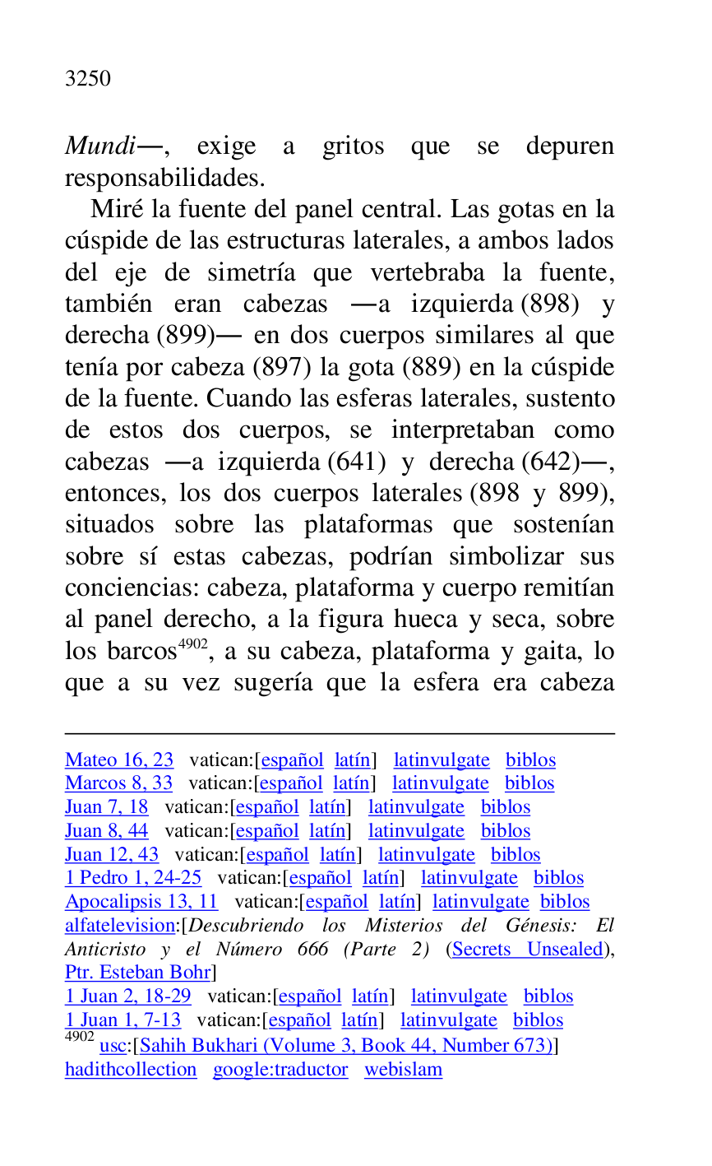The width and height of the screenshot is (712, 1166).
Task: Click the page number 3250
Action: point(87,79)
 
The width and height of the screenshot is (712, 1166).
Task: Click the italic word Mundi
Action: point(99,146)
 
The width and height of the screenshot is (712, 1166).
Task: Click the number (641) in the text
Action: point(357,462)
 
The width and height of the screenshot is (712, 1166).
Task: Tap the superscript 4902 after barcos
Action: point(192,644)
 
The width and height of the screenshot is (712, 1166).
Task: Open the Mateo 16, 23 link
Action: point(119,760)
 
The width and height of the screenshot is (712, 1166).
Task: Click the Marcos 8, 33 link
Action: point(118,783)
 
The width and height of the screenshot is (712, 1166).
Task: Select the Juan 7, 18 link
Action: point(107,807)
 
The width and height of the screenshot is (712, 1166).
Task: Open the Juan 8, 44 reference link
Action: point(107,831)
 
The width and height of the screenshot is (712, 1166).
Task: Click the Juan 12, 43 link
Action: point(112,855)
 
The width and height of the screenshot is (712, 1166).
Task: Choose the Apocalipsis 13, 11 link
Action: point(141,902)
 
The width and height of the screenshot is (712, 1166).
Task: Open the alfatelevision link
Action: point(120,926)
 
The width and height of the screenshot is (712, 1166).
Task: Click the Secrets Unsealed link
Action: point(528,950)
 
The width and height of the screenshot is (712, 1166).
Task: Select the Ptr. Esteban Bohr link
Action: point(137,973)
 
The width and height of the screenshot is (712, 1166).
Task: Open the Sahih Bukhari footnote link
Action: point(346,1046)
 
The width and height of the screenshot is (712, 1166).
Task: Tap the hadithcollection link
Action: point(131,1070)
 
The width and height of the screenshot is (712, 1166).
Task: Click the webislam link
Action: point(403,1070)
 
